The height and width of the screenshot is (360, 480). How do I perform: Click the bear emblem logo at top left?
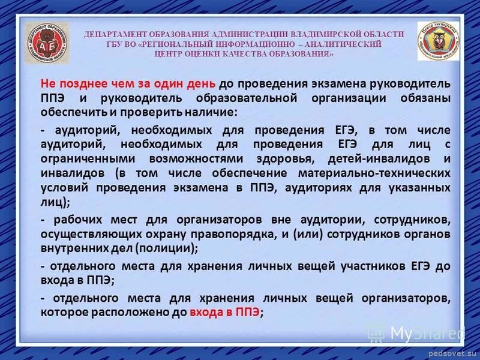[46, 43]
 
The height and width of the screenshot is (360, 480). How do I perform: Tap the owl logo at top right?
[438, 41]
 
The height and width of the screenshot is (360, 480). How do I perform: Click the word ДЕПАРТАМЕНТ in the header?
[115, 34]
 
